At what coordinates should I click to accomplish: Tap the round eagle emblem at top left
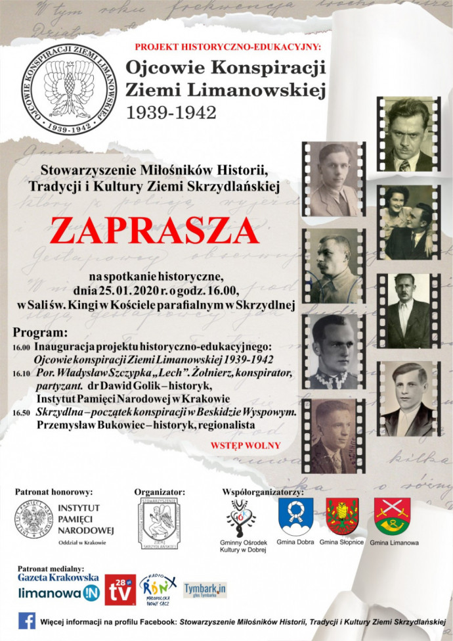click(x=64, y=89)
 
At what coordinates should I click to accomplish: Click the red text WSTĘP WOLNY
click(x=246, y=445)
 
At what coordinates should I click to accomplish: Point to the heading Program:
click(x=40, y=333)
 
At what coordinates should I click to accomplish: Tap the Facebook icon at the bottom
click(x=27, y=620)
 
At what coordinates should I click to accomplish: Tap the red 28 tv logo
click(x=120, y=590)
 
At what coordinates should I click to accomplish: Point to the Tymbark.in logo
click(x=204, y=590)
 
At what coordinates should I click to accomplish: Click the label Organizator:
click(x=160, y=491)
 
